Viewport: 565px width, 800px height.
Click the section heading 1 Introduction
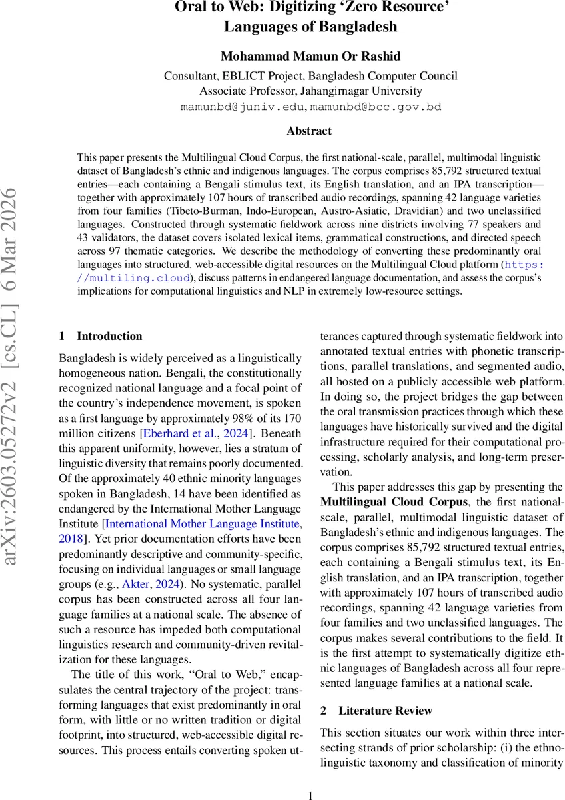(x=101, y=336)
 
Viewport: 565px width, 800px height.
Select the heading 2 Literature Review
(x=376, y=711)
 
